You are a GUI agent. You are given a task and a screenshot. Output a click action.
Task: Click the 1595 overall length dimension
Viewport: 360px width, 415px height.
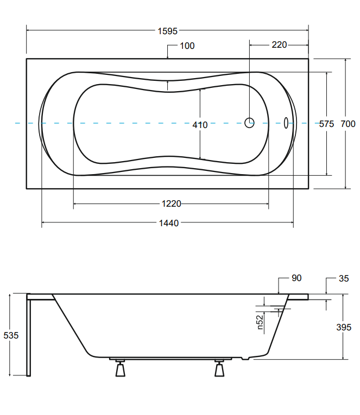[168, 31]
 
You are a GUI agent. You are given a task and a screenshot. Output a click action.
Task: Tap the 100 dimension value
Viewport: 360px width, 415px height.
[187, 46]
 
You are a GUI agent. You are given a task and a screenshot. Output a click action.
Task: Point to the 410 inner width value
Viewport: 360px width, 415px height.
[200, 125]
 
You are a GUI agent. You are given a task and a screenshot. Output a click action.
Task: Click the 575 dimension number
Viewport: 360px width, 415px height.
[326, 124]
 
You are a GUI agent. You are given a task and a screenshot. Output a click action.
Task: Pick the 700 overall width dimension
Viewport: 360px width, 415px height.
[348, 124]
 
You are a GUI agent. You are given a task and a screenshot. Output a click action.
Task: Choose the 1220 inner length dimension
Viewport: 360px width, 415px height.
[171, 203]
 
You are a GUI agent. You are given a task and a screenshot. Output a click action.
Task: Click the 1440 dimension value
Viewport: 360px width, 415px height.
[168, 223]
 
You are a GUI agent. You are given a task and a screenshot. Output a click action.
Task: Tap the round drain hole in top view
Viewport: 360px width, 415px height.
[249, 123]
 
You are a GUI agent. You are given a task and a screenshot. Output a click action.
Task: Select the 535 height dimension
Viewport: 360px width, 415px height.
[11, 335]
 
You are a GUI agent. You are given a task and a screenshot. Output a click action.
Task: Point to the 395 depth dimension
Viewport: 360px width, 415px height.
[343, 327]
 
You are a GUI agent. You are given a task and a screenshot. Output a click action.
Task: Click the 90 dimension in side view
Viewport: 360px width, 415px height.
[296, 278]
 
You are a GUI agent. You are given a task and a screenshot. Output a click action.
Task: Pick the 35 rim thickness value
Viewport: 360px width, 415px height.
[343, 279]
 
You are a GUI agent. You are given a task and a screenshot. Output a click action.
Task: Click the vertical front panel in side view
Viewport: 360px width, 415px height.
[29, 336]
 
